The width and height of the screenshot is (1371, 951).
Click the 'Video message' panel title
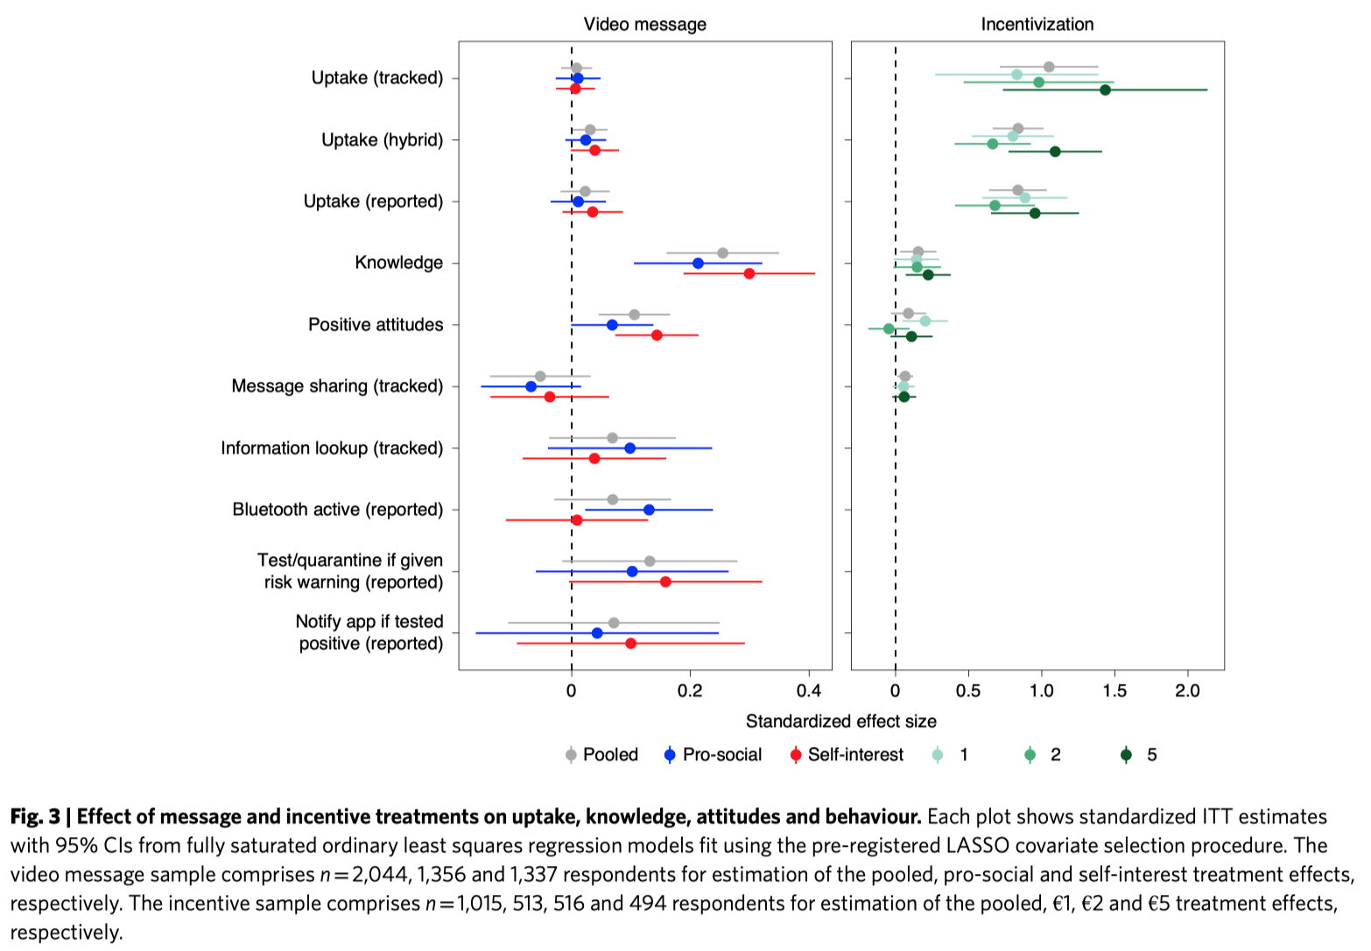pyautogui.click(x=644, y=25)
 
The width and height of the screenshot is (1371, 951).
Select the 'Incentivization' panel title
pyautogui.click(x=1037, y=25)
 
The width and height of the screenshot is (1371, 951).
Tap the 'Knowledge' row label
pyautogui.click(x=398, y=263)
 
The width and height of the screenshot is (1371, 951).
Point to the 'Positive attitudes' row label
pyautogui.click(x=376, y=325)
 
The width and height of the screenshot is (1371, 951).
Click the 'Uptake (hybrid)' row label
pyautogui.click(x=382, y=140)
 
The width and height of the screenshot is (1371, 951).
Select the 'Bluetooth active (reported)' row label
pyautogui.click(x=337, y=510)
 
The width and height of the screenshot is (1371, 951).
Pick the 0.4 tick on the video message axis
pyautogui.click(x=809, y=691)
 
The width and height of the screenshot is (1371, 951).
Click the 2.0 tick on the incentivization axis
pyautogui.click(x=1187, y=691)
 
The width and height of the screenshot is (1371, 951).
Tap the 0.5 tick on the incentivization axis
pyautogui.click(x=968, y=691)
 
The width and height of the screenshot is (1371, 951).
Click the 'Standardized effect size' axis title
pyautogui.click(x=840, y=722)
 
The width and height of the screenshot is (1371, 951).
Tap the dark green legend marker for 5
pyautogui.click(x=1127, y=755)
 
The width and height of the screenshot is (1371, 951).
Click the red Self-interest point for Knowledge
pyautogui.click(x=749, y=273)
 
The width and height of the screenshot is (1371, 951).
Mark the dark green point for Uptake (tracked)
pyautogui.click(x=1105, y=90)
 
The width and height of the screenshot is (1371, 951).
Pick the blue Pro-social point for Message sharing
pyautogui.click(x=531, y=386)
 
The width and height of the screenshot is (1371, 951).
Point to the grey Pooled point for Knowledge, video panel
pyautogui.click(x=722, y=253)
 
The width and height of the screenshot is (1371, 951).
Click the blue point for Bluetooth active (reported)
pyautogui.click(x=649, y=510)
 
